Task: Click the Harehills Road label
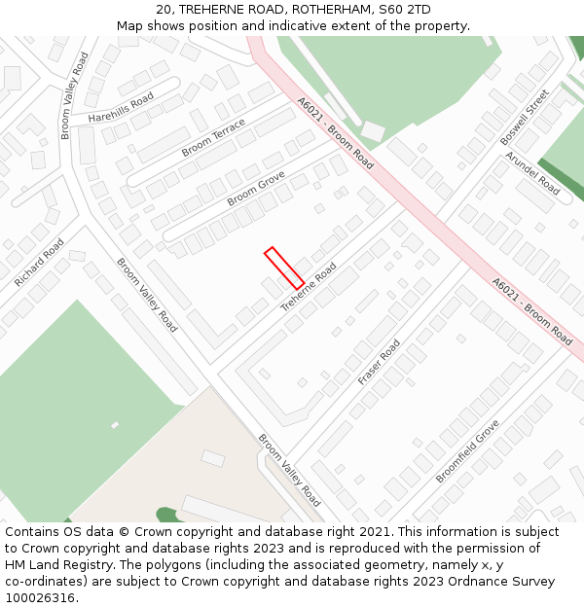[121, 107]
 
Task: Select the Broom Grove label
[256, 188]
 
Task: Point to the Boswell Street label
[525, 118]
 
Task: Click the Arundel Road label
[531, 172]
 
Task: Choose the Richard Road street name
[39, 262]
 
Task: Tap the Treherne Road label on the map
[309, 287]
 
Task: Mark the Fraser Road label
[379, 362]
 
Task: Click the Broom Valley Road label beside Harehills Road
[76, 95]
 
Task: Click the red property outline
[284, 268]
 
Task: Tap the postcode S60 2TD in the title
[403, 10]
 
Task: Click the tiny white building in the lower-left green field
[115, 425]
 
